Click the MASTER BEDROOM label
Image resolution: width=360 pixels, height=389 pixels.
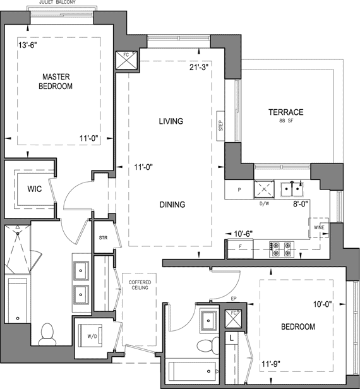click(x=56, y=81)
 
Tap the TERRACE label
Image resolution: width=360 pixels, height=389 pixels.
click(x=286, y=112)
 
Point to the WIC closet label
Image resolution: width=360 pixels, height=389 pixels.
click(x=35, y=189)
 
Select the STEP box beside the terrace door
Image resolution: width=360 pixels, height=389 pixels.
click(x=220, y=126)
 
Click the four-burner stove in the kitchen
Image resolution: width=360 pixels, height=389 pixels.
click(x=282, y=249)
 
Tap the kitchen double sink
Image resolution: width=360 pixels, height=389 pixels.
click(x=292, y=189)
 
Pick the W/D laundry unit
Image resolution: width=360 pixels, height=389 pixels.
click(x=90, y=336)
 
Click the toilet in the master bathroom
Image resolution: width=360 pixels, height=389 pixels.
click(x=47, y=334)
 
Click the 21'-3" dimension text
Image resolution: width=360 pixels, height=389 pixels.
click(x=199, y=67)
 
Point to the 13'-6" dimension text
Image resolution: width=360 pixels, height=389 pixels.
click(x=28, y=45)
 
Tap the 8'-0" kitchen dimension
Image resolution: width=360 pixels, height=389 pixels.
click(x=301, y=204)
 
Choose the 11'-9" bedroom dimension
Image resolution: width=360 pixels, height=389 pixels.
click(x=271, y=364)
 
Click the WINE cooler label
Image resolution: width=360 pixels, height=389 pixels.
click(x=319, y=227)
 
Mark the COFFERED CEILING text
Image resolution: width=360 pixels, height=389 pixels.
click(x=140, y=285)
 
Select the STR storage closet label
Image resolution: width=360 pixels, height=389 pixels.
click(x=103, y=237)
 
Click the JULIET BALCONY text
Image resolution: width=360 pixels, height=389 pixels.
click(x=57, y=3)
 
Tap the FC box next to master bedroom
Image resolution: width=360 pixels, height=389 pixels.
click(x=126, y=61)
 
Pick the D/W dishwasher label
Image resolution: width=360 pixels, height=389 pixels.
click(x=264, y=204)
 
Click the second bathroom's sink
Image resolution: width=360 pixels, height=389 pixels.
click(x=209, y=321)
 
